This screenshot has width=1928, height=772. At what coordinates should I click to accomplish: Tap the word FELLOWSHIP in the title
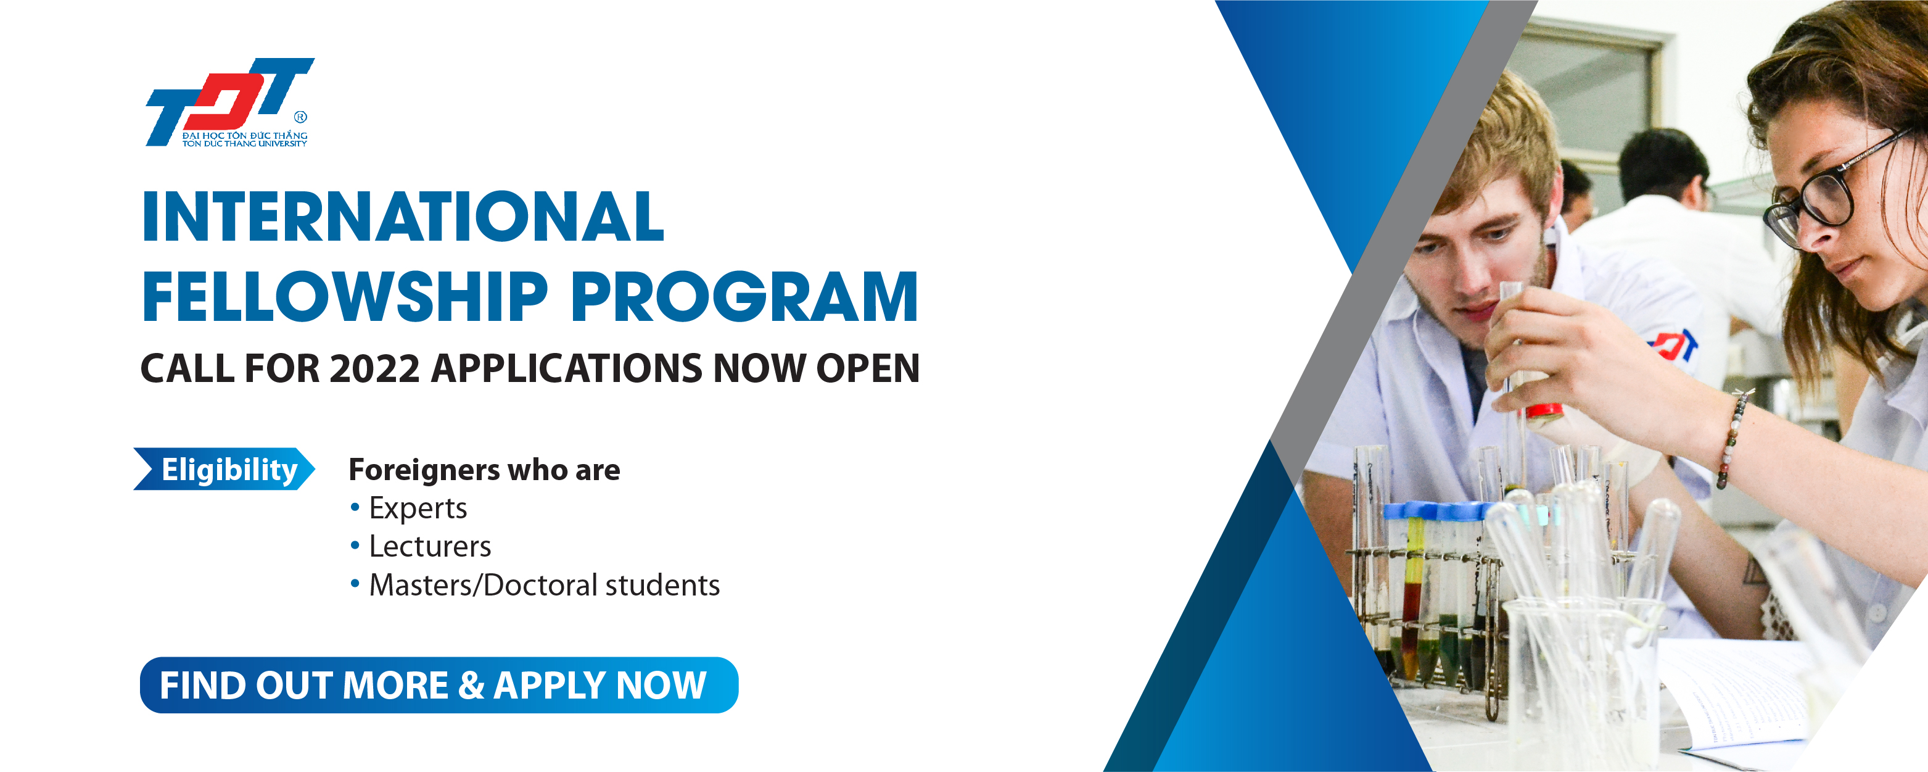(345, 297)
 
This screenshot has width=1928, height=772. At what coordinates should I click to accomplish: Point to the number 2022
(374, 368)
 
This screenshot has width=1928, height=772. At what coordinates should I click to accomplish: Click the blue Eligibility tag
(224, 470)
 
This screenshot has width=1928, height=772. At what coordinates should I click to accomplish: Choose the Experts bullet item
(409, 508)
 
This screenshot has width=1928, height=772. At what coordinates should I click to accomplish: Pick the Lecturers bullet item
(421, 547)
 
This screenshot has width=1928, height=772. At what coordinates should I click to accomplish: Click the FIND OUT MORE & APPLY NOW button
(439, 685)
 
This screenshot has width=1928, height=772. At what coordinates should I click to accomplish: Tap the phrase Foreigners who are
(484, 470)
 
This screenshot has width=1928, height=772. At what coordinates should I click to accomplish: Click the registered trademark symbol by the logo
(301, 117)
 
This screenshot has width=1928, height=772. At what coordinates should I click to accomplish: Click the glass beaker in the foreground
(1580, 681)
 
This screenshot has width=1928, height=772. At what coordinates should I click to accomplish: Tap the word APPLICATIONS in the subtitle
(567, 368)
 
